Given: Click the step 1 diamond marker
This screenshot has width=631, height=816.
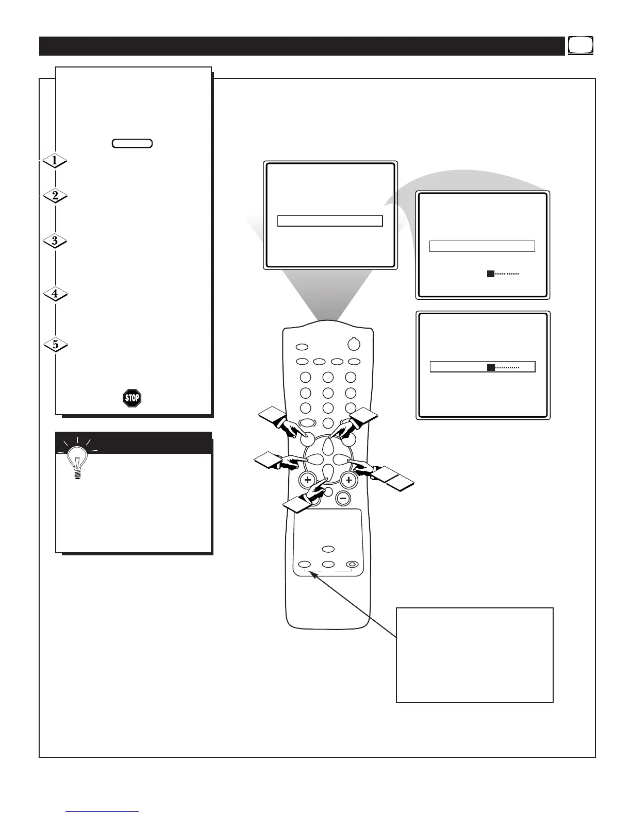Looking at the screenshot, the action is (x=54, y=161).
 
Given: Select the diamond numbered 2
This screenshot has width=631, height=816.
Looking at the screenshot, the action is (x=55, y=196).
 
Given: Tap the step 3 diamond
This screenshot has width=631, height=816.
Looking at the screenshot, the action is (x=55, y=241).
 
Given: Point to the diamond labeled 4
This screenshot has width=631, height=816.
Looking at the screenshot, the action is (x=55, y=295).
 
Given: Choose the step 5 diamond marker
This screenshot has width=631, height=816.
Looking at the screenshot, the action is (x=55, y=345).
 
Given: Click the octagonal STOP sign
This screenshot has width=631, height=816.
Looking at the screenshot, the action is (x=132, y=398).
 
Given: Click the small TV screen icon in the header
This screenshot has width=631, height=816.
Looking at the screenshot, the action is (x=581, y=45).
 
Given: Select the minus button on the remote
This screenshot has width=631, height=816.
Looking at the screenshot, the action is (x=343, y=498).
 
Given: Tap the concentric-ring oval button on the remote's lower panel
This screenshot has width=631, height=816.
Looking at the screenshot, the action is (x=352, y=565).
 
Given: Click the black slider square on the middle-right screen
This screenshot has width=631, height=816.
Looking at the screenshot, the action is (x=491, y=274).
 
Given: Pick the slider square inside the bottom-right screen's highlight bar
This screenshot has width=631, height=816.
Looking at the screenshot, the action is (x=491, y=367).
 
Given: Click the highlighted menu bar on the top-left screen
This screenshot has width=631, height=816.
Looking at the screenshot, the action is (x=330, y=221).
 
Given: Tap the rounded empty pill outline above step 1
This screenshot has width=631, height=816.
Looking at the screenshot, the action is (x=132, y=143).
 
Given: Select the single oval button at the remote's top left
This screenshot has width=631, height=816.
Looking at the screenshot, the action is (x=303, y=347).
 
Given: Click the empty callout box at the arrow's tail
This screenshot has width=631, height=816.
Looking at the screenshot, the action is (x=474, y=655).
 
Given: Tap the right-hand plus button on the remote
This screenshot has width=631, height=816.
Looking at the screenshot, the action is (x=349, y=480).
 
